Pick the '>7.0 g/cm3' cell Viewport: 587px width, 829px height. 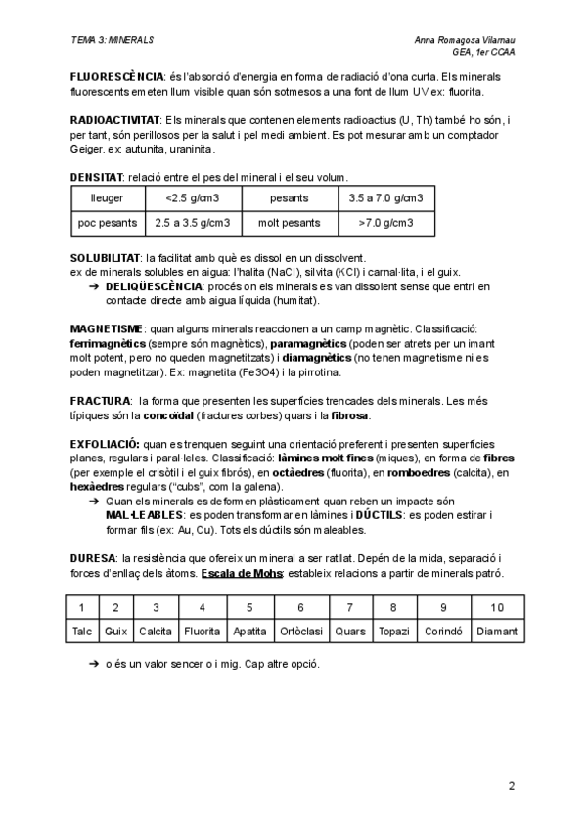pos(385,223)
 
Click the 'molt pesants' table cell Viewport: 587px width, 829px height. pos(289,223)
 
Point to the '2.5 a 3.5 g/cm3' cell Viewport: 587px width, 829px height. pos(193,223)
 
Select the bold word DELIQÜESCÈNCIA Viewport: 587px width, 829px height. pos(154,286)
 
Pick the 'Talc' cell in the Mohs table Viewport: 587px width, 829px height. pos(82,631)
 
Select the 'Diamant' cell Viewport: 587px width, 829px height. pos(496,631)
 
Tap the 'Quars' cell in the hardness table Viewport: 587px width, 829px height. pos(349,631)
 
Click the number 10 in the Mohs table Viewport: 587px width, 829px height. pos(496,608)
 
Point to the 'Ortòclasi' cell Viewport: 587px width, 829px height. pos(300,631)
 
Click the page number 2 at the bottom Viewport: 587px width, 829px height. pos(511,785)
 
